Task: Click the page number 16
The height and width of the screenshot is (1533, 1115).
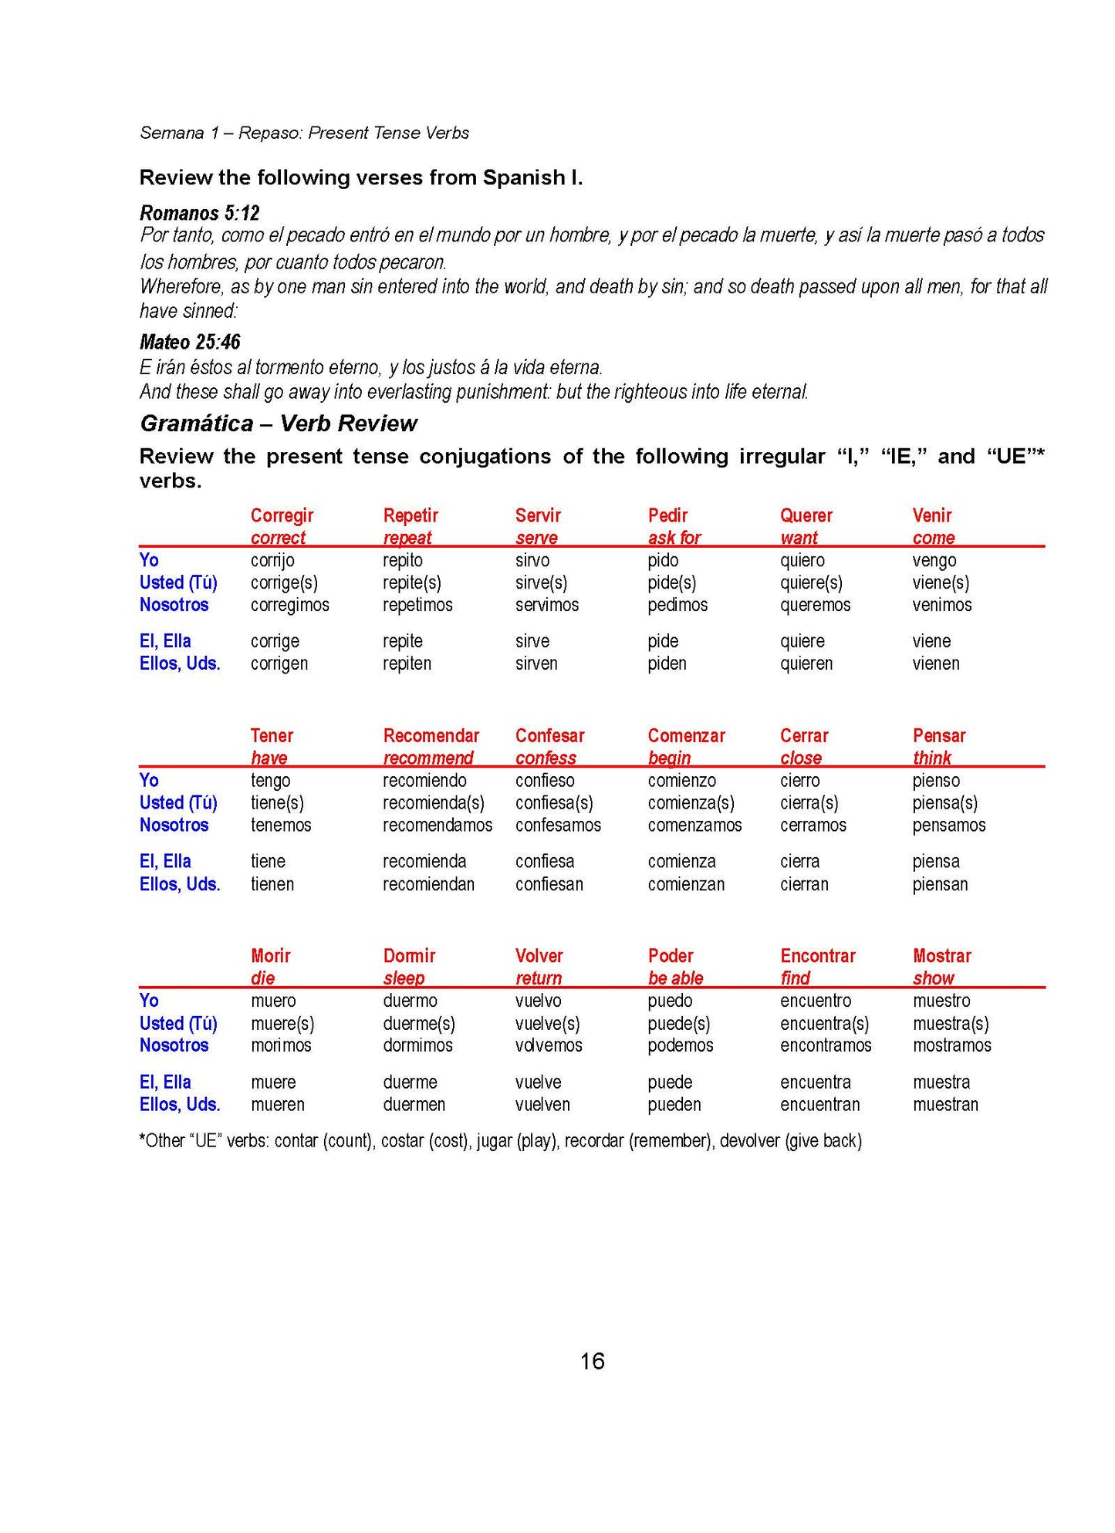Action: point(592,1361)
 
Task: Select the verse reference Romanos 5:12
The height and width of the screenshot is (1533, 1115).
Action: point(199,213)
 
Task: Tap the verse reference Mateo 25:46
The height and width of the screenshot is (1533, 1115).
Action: point(190,342)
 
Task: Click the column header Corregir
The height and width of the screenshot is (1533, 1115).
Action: point(282,515)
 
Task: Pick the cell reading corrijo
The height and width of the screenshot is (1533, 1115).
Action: point(272,560)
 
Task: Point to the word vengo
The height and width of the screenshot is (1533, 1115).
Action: point(934,560)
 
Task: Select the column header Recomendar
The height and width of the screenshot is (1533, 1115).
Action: point(431,735)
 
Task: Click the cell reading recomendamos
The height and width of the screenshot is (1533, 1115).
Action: point(437,825)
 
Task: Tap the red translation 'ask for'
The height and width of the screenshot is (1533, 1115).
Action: point(674,538)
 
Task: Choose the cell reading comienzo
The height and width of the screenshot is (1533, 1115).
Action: point(681,780)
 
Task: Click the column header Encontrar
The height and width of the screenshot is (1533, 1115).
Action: point(817,956)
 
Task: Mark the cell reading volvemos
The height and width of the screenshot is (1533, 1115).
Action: point(549,1045)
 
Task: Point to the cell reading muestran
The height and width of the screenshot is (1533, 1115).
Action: point(945,1104)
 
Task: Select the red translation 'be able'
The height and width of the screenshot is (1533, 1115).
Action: point(675,978)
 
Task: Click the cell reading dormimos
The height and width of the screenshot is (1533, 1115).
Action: point(417,1045)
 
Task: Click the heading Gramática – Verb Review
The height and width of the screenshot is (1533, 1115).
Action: point(278,423)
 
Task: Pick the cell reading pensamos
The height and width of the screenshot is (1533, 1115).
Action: point(948,825)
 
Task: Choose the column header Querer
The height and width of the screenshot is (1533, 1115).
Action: point(806,515)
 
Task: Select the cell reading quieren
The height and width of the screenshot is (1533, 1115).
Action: point(806,664)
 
